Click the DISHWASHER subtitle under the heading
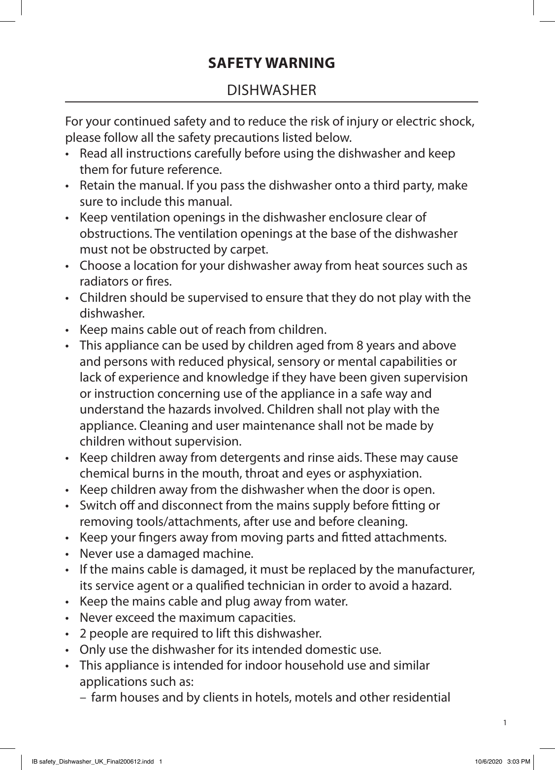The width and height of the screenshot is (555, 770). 271,91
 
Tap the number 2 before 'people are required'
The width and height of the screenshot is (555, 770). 82,633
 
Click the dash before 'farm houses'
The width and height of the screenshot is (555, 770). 82,698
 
